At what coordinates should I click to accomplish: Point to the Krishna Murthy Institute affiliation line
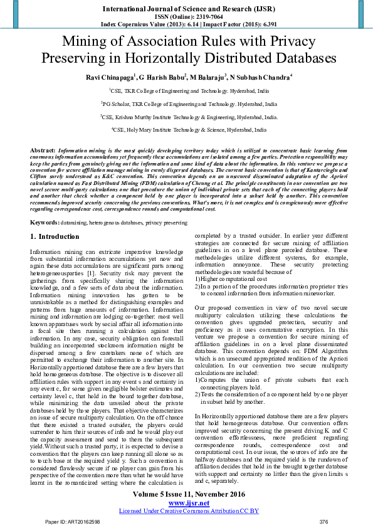pyautogui.click(x=189, y=117)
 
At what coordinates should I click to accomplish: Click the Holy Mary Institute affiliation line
pyautogui.click(x=189, y=130)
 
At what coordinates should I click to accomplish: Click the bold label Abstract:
pyautogui.click(x=43, y=151)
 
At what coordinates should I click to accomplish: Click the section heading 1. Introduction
pyautogui.click(x=55, y=237)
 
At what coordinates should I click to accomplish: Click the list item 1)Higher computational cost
pyautogui.click(x=231, y=278)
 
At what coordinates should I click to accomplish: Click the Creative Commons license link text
pyautogui.click(x=189, y=511)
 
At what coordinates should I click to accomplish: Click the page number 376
pyautogui.click(x=323, y=522)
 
